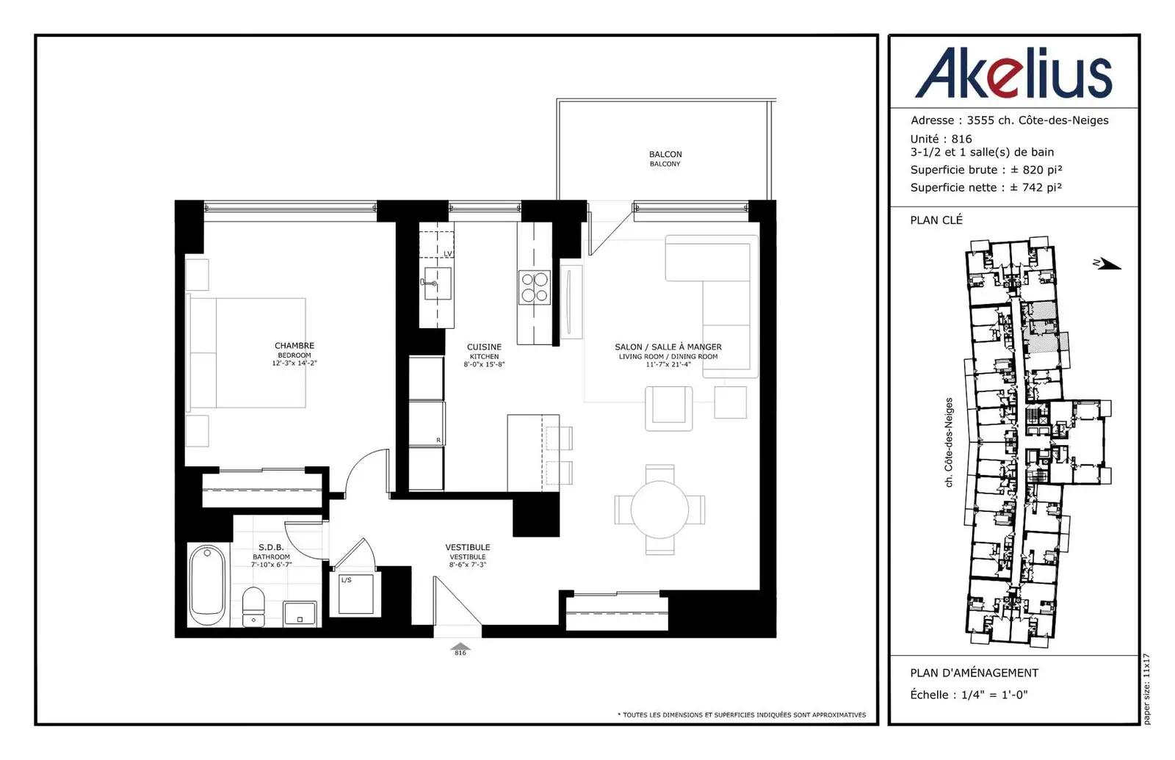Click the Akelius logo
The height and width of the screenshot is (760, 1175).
[x=1013, y=73]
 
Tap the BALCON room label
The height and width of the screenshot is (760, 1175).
[x=665, y=154]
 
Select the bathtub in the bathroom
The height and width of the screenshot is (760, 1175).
[x=209, y=585]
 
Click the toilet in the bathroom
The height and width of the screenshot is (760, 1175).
[x=253, y=607]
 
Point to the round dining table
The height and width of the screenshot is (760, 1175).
[x=659, y=510]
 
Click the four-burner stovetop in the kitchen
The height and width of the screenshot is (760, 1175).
[x=535, y=287]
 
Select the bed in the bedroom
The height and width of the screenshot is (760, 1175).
[x=247, y=353]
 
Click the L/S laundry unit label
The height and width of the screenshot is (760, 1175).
[x=346, y=580]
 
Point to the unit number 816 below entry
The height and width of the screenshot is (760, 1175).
[x=460, y=653]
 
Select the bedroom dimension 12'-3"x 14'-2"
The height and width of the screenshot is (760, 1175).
[x=294, y=363]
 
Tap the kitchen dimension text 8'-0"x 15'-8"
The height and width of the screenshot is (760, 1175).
[x=484, y=364]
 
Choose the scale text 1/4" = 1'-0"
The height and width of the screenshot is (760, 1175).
[x=994, y=695]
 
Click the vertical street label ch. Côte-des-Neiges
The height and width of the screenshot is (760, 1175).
[x=948, y=442]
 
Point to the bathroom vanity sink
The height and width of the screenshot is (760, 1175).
[x=300, y=613]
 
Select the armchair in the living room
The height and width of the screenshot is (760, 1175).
[x=669, y=408]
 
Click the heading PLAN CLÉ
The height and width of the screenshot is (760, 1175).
[x=936, y=220]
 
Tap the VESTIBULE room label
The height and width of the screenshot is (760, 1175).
[x=467, y=548]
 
